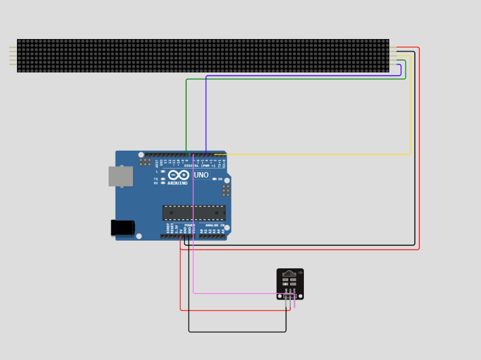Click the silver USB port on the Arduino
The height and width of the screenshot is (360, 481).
point(121,177)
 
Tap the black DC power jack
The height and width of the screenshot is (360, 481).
point(123,228)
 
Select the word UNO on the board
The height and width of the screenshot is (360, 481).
point(201,175)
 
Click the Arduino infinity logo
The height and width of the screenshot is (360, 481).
point(178,175)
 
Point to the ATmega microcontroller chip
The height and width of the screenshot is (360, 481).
point(194,213)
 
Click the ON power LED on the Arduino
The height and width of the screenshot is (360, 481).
point(214,179)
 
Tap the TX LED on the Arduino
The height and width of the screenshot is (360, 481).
point(163,179)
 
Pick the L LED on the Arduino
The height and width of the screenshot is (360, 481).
point(163,172)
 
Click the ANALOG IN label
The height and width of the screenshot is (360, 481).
point(214,225)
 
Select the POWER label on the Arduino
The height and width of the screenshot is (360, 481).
point(189,225)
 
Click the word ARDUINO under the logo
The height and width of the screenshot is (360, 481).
point(178,183)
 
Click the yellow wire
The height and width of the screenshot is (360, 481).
point(411,113)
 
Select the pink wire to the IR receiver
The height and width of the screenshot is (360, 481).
point(194,255)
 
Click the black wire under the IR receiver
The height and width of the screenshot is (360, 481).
point(238,332)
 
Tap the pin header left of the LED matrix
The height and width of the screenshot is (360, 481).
point(12,55)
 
